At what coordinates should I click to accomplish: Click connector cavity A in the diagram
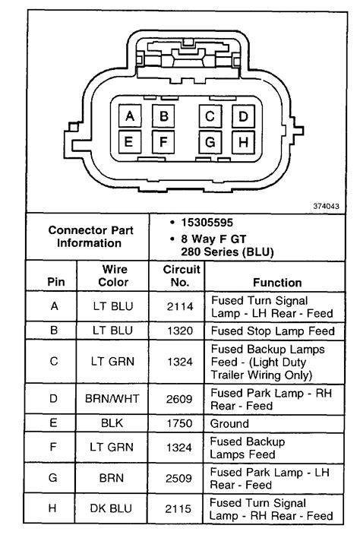pyautogui.click(x=130, y=116)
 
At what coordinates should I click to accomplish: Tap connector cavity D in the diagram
pyautogui.click(x=243, y=116)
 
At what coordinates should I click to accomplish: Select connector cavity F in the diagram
pyautogui.click(x=163, y=141)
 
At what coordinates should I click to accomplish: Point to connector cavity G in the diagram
pyautogui.click(x=210, y=141)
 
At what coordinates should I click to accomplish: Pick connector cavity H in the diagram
pyautogui.click(x=243, y=141)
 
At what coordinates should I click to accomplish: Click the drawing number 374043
pyautogui.click(x=326, y=206)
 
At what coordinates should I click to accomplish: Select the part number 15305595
pyautogui.click(x=207, y=223)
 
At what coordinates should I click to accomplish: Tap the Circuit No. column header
pyautogui.click(x=181, y=276)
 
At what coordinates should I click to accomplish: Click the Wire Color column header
pyautogui.click(x=113, y=276)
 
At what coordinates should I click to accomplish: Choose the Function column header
pyautogui.click(x=277, y=283)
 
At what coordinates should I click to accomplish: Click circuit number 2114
pyautogui.click(x=180, y=306)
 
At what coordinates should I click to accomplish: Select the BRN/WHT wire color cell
pyautogui.click(x=112, y=399)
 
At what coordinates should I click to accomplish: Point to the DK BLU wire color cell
pyautogui.click(x=111, y=508)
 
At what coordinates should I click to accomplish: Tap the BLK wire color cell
pyautogui.click(x=112, y=423)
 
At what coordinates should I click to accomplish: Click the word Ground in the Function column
pyautogui.click(x=229, y=423)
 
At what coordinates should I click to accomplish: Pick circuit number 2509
pyautogui.click(x=178, y=478)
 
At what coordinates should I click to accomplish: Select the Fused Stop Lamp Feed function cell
pyautogui.click(x=273, y=331)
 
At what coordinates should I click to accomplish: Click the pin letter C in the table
pyautogui.click(x=54, y=361)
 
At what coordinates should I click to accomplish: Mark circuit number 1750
pyautogui.click(x=179, y=423)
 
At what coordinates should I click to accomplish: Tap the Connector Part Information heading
pyautogui.click(x=90, y=236)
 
